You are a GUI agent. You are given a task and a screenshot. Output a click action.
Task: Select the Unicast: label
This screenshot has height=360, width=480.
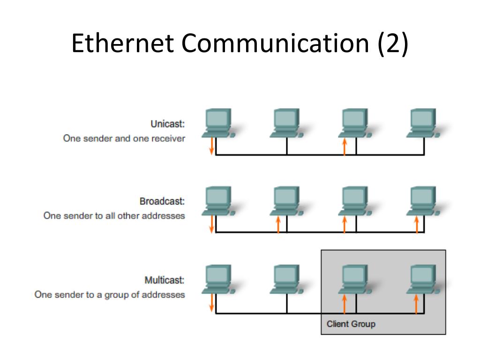[167, 124]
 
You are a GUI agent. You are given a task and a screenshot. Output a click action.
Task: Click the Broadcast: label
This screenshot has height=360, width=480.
[162, 201]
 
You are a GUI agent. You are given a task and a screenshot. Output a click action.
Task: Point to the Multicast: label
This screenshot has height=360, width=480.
[164, 280]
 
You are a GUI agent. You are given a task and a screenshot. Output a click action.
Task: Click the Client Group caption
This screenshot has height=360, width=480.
[351, 324]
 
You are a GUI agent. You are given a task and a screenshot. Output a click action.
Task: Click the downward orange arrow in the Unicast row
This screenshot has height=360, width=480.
[211, 146]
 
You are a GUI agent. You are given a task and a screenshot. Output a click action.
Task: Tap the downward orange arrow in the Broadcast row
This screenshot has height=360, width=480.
[211, 224]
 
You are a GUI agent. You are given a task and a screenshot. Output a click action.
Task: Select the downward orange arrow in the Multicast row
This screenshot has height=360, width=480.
[211, 303]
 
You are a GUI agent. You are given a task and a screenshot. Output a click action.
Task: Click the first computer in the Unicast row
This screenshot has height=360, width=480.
[218, 123]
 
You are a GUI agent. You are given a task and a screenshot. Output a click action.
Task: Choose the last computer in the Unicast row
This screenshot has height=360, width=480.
[422, 123]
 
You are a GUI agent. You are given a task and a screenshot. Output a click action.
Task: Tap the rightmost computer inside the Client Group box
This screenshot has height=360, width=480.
[422, 279]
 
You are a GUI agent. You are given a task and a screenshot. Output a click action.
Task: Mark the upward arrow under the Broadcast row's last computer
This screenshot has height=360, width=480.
[417, 225]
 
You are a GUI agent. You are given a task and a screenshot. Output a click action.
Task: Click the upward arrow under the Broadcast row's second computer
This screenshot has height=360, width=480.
[278, 225]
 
